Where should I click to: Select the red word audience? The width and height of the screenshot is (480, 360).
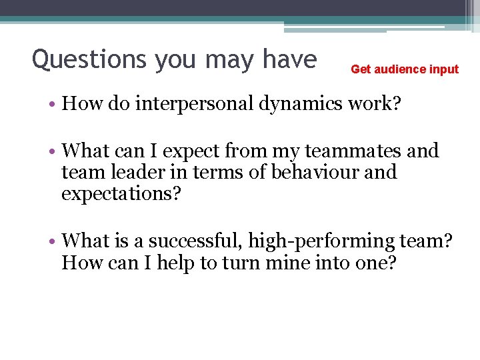click(402, 69)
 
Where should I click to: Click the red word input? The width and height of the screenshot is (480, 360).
click(445, 69)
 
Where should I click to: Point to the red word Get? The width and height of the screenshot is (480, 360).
click(361, 69)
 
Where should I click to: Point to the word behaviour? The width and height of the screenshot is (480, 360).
click(314, 172)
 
